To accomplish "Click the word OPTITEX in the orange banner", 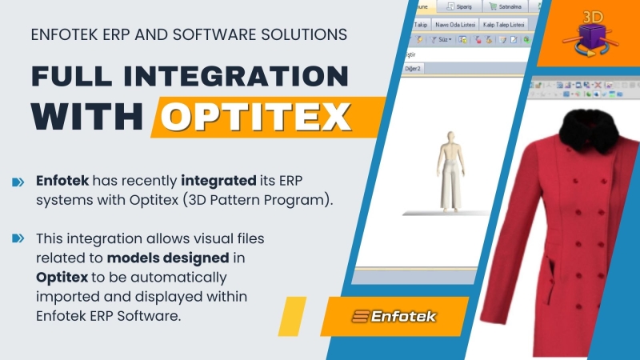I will (x=256, y=118).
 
